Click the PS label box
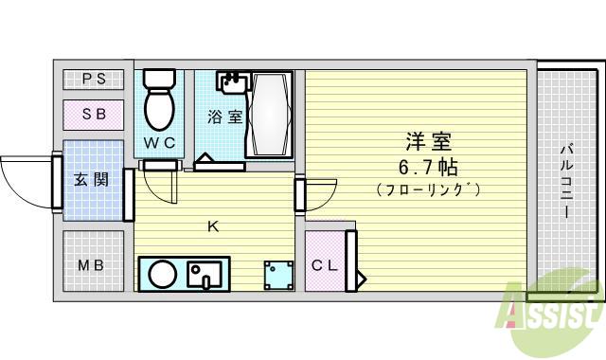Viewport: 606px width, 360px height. coord(94,80)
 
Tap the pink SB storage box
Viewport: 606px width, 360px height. coord(94,115)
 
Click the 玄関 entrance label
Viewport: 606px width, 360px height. coord(92,180)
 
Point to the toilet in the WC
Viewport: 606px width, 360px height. coord(159,101)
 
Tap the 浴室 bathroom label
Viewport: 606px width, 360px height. coord(225,118)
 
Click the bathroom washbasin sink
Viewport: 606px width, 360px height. coord(231,83)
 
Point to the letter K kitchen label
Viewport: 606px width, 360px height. coord(213,225)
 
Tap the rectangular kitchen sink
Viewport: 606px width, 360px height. coord(204,275)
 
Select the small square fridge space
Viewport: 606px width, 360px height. coord(279,275)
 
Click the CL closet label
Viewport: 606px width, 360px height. coord(324,265)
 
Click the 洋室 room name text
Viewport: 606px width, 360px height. coord(426,144)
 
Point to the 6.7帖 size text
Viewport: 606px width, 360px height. coord(427,168)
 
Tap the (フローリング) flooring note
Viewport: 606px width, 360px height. coord(427,189)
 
